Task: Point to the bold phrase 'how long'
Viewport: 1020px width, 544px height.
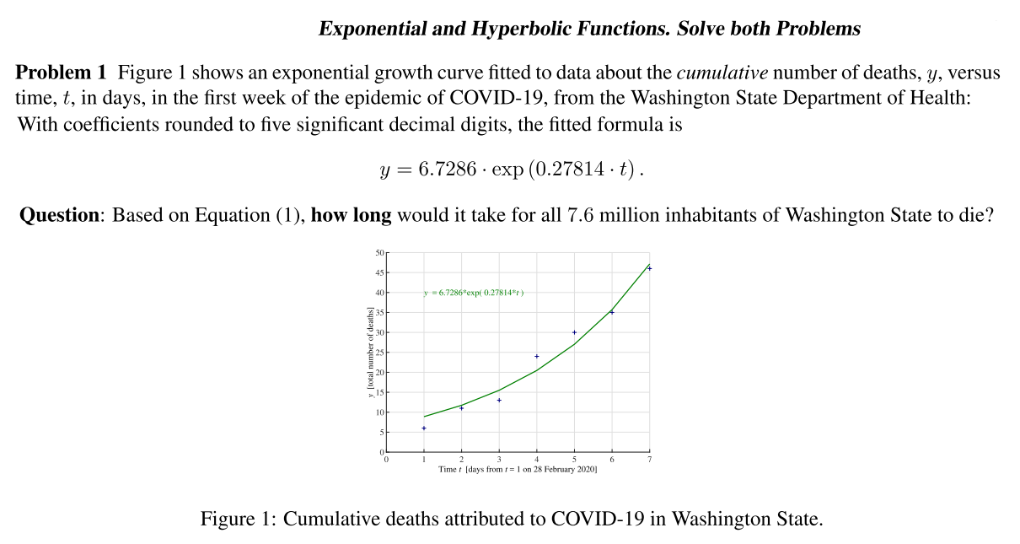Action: pyautogui.click(x=351, y=215)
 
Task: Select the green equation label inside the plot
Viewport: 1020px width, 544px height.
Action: pyautogui.click(x=473, y=293)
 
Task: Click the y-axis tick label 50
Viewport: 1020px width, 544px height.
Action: pyautogui.click(x=378, y=253)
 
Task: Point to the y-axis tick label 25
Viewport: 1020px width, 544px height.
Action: pyautogui.click(x=378, y=353)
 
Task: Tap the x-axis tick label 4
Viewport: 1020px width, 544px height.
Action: pyautogui.click(x=537, y=460)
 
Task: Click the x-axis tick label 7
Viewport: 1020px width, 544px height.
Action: pyautogui.click(x=649, y=460)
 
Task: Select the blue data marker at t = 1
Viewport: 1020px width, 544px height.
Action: pyautogui.click(x=424, y=428)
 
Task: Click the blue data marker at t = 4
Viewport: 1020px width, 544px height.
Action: pyautogui.click(x=537, y=356)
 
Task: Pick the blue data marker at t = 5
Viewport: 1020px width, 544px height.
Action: pyautogui.click(x=574, y=332)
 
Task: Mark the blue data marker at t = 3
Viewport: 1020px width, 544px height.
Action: pyautogui.click(x=499, y=400)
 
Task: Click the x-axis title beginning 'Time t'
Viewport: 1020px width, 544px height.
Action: pyautogui.click(x=518, y=470)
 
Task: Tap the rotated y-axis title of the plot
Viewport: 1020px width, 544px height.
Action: pyautogui.click(x=369, y=353)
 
